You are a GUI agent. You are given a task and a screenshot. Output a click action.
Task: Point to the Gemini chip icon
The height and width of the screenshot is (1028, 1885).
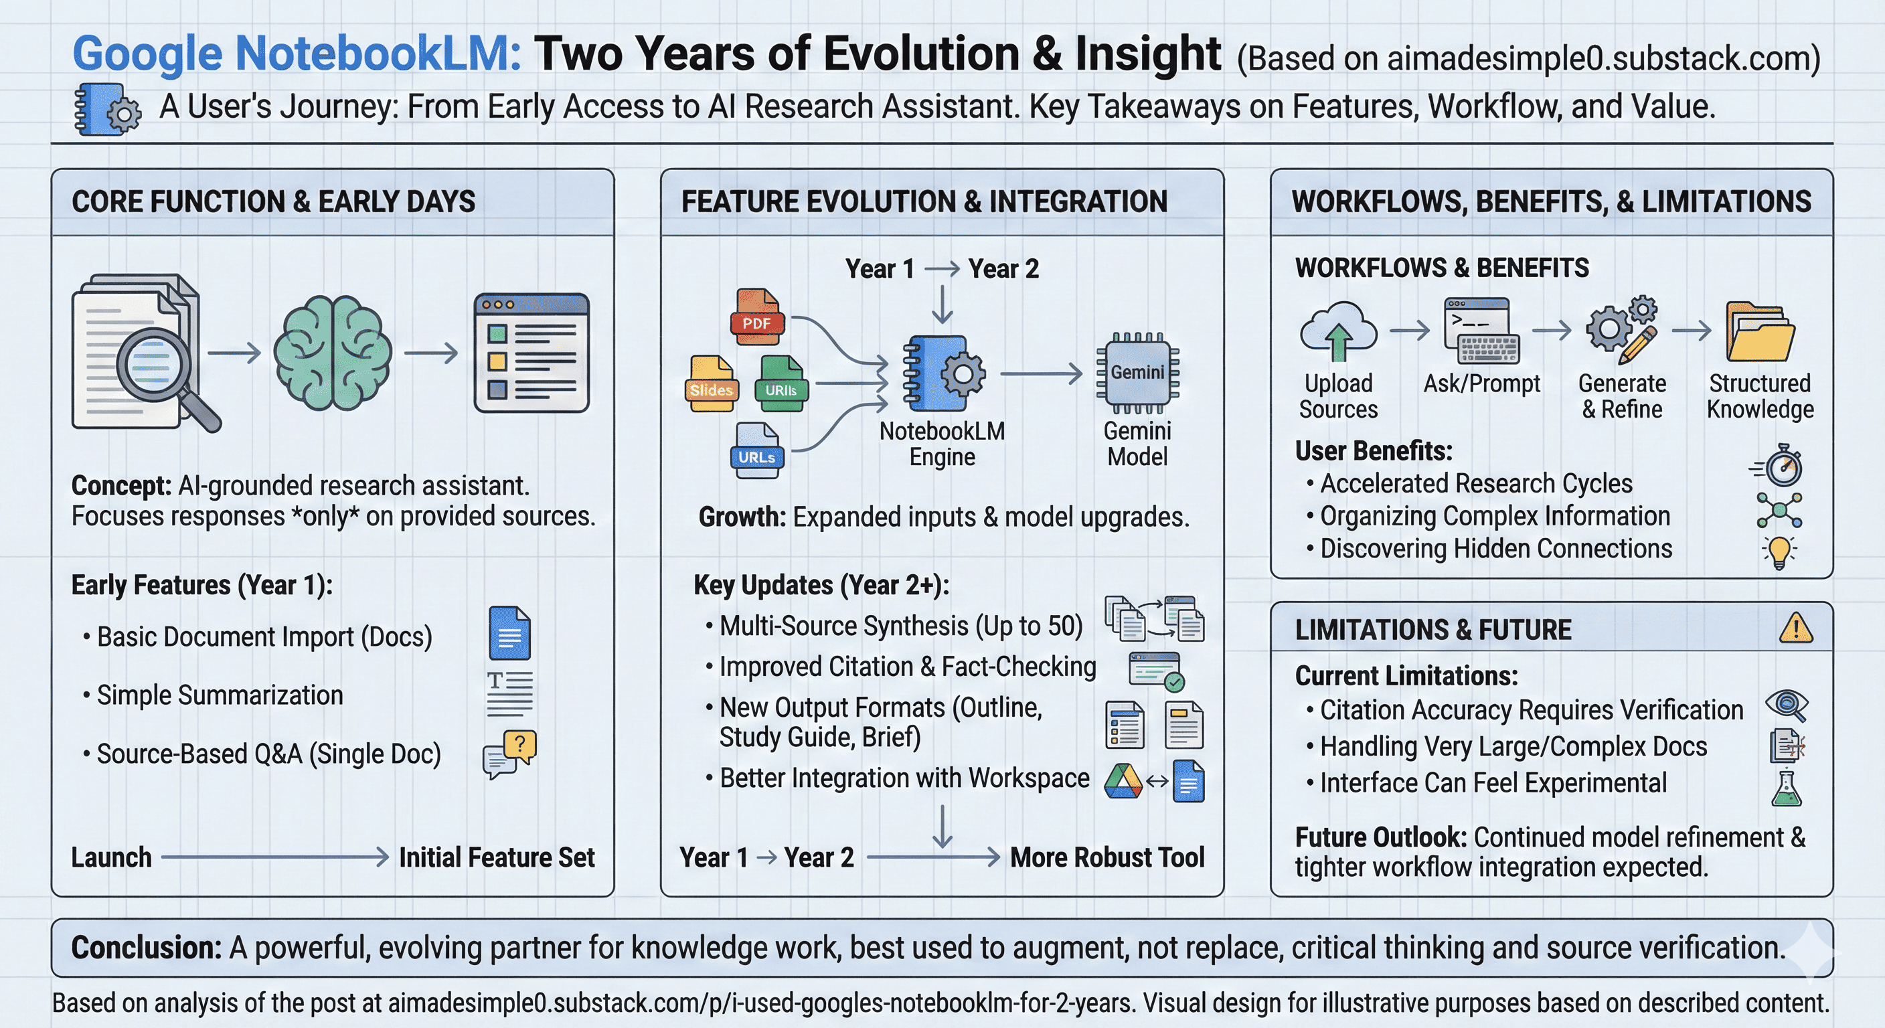pos(1137,371)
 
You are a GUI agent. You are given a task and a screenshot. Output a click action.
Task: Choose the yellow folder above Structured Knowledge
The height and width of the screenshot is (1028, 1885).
pos(1759,332)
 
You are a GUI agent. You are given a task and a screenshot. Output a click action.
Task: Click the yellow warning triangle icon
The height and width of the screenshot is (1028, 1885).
pos(1796,628)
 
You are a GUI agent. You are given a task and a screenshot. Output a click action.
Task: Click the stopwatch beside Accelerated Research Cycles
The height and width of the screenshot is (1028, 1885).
pos(1783,466)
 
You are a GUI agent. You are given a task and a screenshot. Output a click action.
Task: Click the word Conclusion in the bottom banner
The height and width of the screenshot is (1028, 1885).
pos(146,948)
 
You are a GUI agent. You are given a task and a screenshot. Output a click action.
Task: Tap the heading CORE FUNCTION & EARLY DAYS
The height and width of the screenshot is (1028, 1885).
pos(273,202)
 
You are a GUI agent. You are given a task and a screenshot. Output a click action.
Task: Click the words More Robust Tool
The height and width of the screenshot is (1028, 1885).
pos(1107,857)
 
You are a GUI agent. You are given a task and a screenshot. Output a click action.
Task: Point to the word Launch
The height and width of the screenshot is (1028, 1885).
pos(111,857)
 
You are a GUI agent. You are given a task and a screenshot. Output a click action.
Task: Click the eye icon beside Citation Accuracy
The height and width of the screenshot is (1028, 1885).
pos(1786,705)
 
